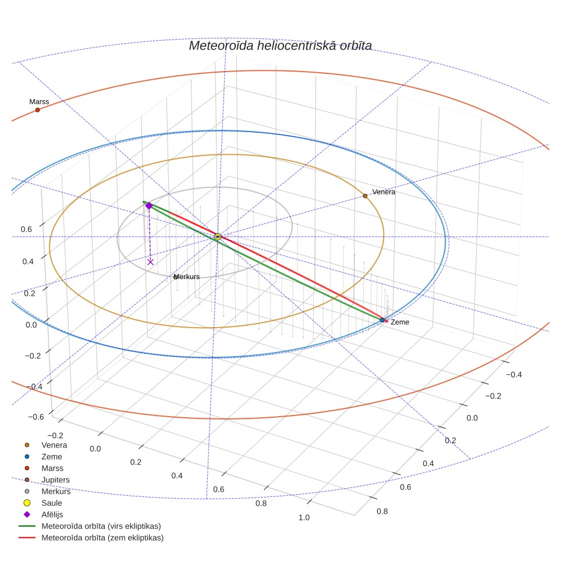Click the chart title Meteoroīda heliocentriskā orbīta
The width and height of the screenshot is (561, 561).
(280, 46)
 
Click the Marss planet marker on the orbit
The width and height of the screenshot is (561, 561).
(38, 110)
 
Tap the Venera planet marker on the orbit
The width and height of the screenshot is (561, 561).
(365, 196)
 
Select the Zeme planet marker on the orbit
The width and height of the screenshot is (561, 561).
(382, 320)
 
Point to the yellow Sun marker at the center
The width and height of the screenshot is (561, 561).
(218, 236)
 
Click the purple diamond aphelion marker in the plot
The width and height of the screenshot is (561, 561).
(149, 205)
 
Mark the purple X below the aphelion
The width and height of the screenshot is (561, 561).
(151, 262)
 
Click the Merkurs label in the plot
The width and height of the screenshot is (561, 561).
(186, 276)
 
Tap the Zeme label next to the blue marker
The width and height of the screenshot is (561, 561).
(400, 322)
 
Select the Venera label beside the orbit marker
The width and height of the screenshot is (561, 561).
(384, 192)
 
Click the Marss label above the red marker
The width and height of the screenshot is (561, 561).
(39, 102)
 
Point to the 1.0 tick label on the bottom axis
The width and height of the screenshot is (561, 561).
(304, 517)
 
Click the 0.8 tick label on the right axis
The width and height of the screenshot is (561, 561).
(382, 512)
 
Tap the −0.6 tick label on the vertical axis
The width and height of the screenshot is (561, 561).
(36, 417)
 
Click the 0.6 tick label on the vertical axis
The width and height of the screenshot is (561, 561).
(26, 229)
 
